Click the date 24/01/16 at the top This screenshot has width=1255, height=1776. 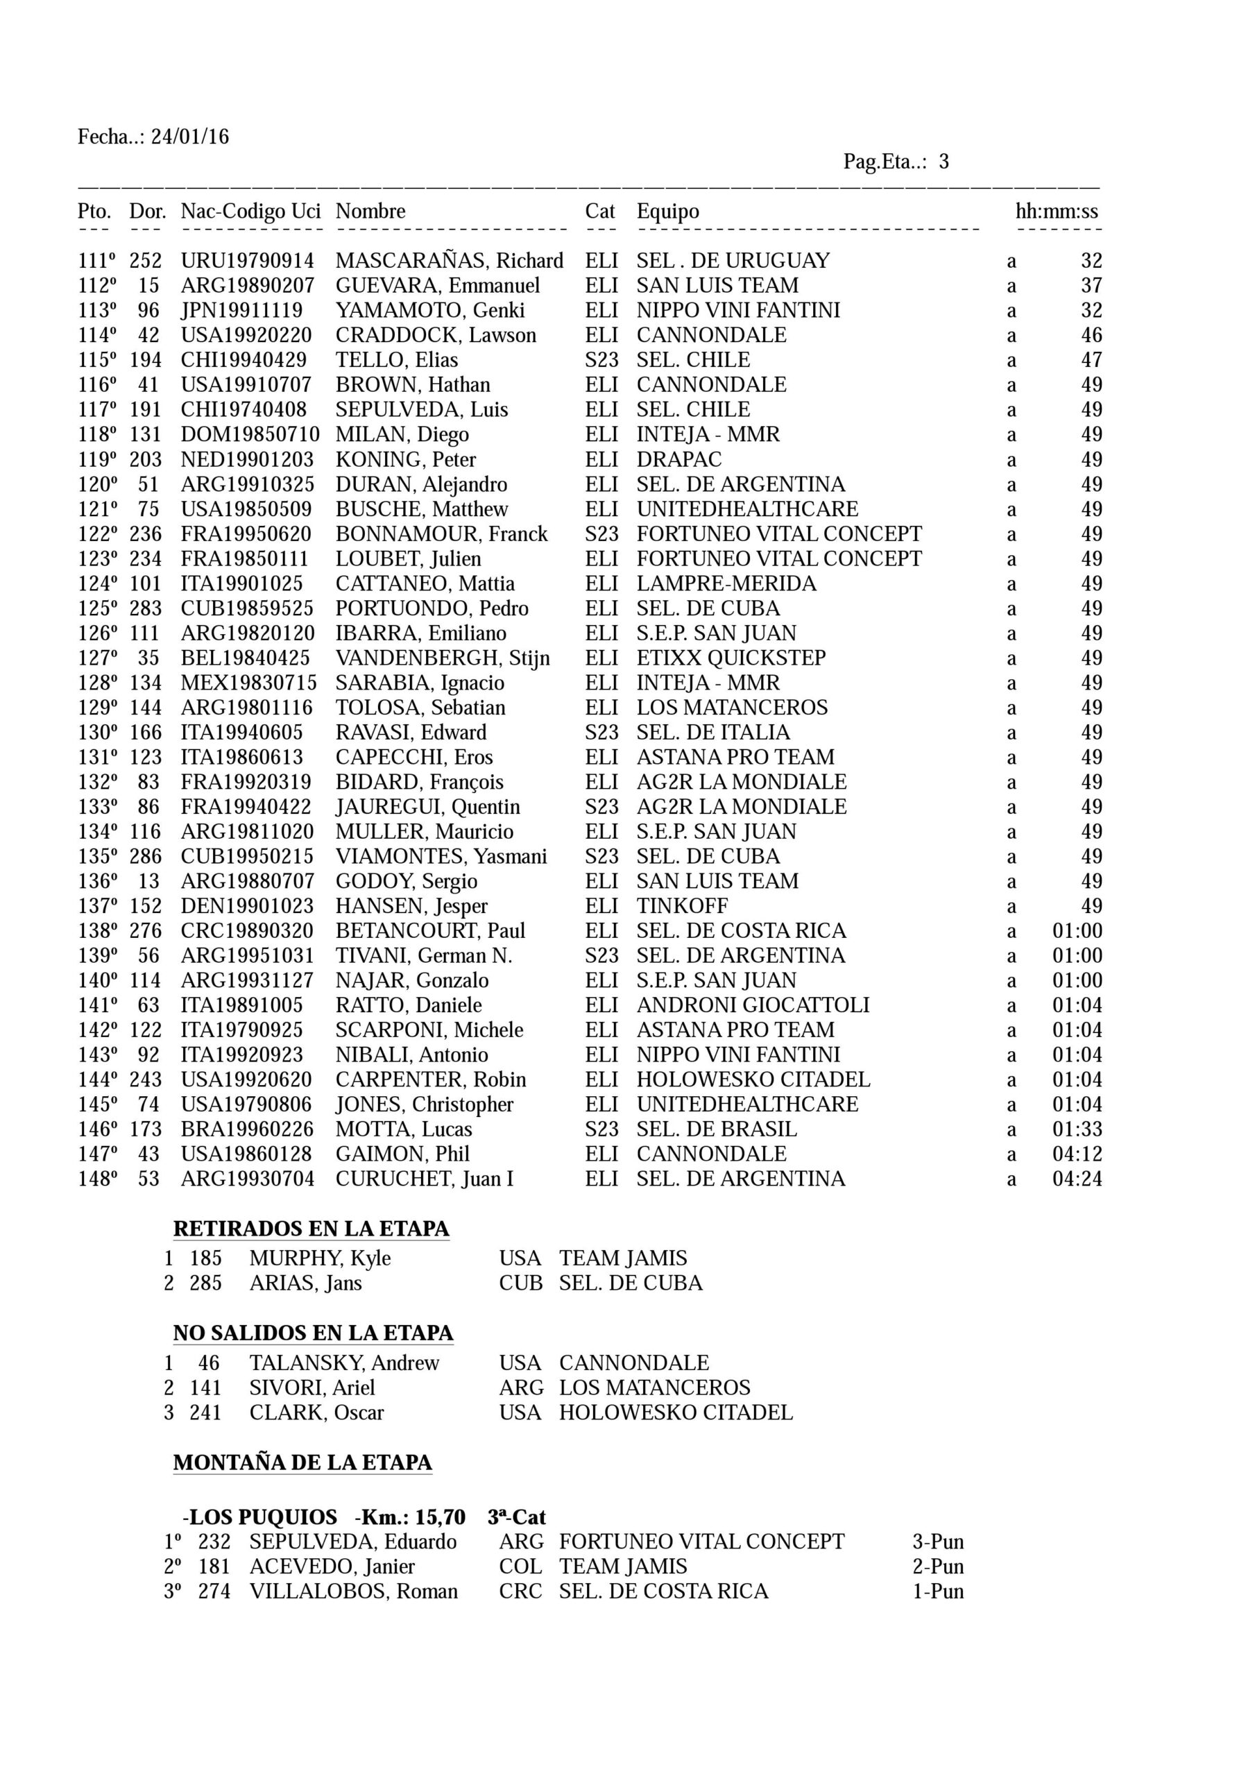click(x=189, y=137)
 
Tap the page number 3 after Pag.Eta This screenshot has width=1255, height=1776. click(x=944, y=162)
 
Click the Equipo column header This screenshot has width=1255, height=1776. click(x=667, y=211)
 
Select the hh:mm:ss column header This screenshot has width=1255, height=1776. click(x=1056, y=211)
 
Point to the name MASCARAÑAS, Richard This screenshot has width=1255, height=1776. click(x=449, y=261)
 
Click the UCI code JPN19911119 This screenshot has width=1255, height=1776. click(x=241, y=310)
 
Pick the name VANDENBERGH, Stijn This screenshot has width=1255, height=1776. click(x=442, y=658)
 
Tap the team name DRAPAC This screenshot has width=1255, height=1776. click(x=678, y=459)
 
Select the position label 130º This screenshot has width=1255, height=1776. click(x=98, y=732)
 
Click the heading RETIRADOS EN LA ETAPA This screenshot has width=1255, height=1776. click(x=311, y=1229)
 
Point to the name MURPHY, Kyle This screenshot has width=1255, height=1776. click(x=320, y=1258)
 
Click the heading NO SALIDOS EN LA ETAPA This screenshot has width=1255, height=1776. click(x=313, y=1333)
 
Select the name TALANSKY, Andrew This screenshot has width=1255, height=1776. click(x=343, y=1363)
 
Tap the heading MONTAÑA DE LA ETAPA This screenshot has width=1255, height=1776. click(x=302, y=1462)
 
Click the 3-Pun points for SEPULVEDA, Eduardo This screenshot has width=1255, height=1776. click(x=938, y=1542)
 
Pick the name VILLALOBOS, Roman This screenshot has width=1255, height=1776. click(x=353, y=1591)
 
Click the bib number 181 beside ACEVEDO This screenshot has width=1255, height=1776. click(x=214, y=1566)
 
